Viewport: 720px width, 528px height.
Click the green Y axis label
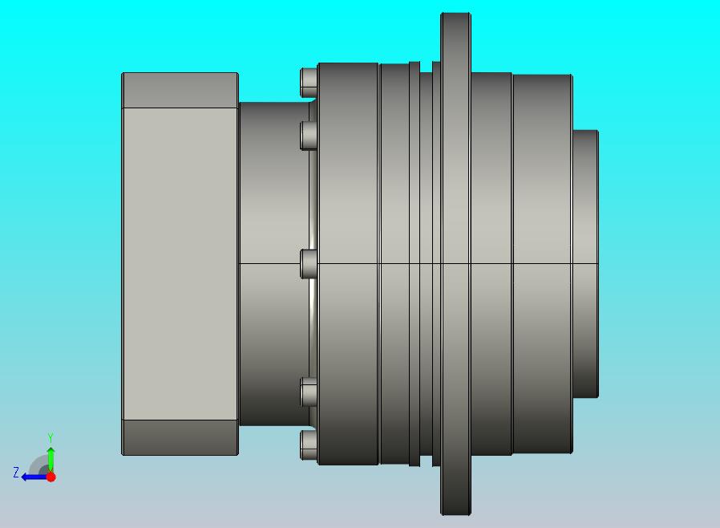(x=51, y=437)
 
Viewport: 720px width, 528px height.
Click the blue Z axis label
(x=16, y=473)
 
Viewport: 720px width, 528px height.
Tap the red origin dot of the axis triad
(x=51, y=477)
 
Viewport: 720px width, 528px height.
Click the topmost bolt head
(x=309, y=83)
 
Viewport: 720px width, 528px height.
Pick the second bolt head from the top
(x=309, y=136)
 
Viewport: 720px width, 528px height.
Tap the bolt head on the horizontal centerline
(x=309, y=264)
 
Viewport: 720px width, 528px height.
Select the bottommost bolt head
(x=309, y=445)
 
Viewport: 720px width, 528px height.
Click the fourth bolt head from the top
(x=309, y=392)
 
